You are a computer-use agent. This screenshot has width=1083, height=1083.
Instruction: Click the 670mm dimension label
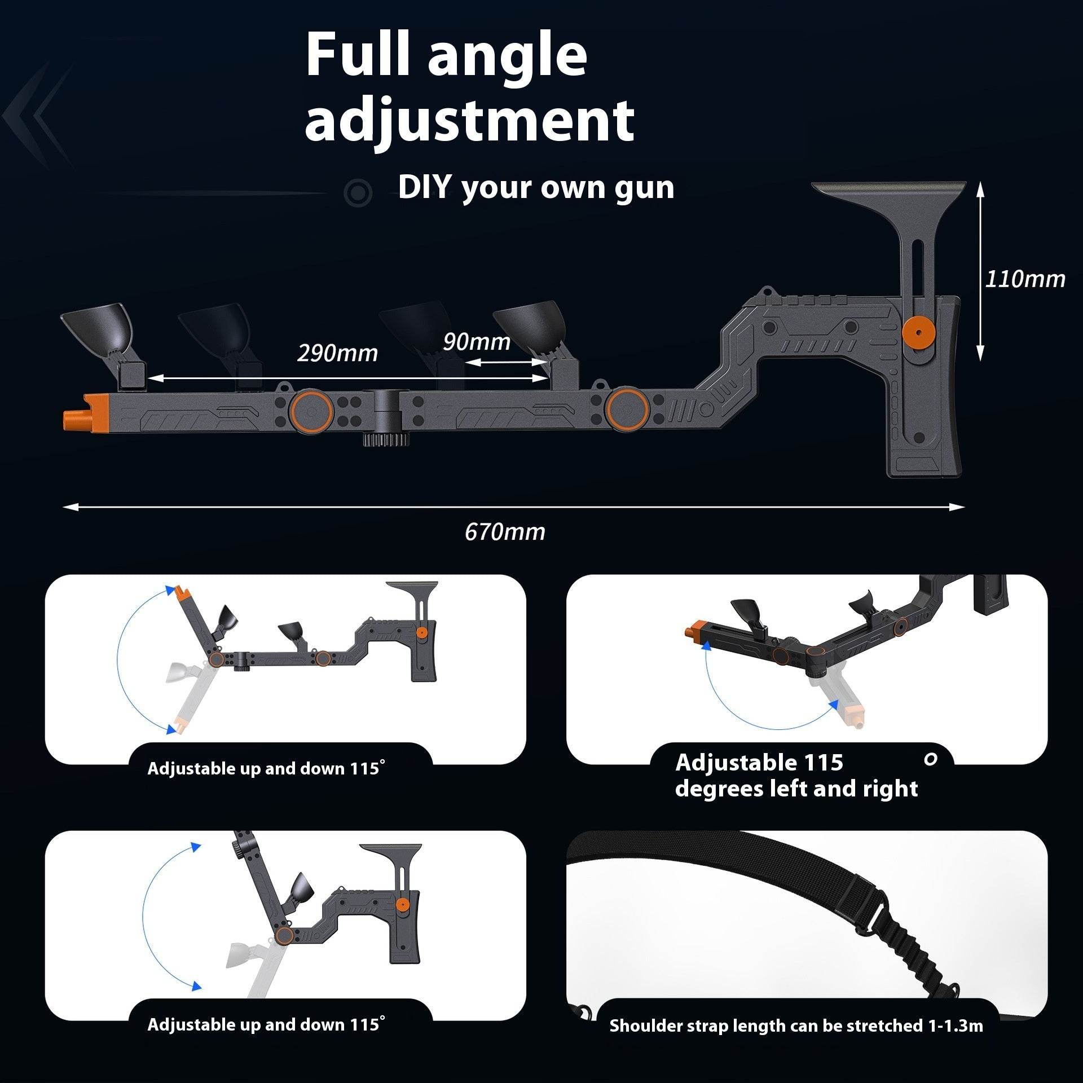click(505, 532)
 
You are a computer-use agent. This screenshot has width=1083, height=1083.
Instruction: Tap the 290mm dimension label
click(337, 353)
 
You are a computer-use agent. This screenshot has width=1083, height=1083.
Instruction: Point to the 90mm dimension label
click(476, 341)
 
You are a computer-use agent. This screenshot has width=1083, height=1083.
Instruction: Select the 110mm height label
click(1025, 279)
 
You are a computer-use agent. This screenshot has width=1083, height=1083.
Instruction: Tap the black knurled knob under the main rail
click(386, 439)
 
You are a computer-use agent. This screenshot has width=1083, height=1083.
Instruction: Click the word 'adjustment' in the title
click(469, 120)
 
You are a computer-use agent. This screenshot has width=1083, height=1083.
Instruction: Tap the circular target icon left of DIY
click(358, 193)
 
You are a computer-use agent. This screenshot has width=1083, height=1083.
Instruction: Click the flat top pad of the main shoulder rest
click(888, 189)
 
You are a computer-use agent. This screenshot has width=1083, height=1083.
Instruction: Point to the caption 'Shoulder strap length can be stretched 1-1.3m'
click(796, 1025)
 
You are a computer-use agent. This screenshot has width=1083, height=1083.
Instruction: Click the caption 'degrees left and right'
click(796, 789)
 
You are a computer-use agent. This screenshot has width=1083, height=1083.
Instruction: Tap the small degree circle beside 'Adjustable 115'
click(931, 759)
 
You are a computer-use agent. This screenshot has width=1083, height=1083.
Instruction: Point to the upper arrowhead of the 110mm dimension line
click(980, 189)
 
